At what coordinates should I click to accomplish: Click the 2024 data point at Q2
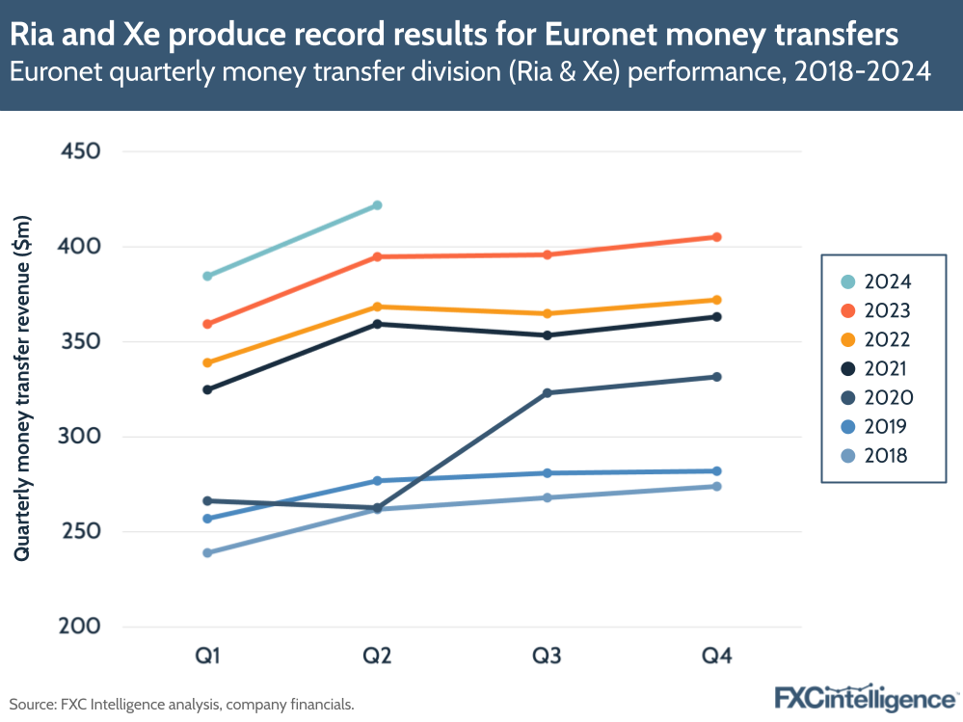(378, 205)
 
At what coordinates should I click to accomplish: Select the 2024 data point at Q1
(207, 277)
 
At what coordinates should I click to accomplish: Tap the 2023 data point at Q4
(717, 237)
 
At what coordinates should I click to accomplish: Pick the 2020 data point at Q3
(548, 393)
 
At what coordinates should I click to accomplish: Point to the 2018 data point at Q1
(207, 553)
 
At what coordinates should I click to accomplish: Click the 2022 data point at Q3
(548, 314)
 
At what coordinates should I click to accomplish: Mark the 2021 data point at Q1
(207, 390)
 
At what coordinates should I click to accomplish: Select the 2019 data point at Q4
(717, 471)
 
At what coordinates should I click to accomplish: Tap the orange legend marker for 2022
(848, 339)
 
